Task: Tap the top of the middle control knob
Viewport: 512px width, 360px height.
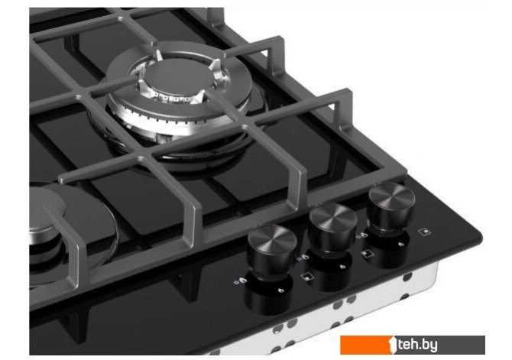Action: point(333,217)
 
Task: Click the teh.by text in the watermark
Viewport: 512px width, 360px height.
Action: point(417,345)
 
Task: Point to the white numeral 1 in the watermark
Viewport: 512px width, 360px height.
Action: point(393,345)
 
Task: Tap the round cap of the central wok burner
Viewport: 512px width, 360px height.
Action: point(177,77)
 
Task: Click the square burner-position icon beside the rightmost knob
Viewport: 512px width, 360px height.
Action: point(424,232)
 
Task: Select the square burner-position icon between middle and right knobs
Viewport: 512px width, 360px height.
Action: point(366,253)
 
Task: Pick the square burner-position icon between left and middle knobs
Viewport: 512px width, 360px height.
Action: point(307,277)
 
